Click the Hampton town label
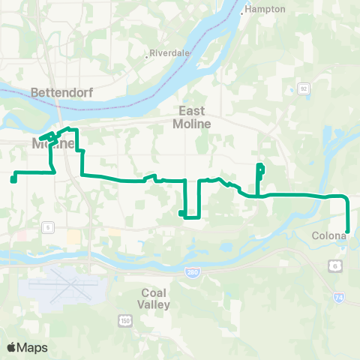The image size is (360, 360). tap(267, 9)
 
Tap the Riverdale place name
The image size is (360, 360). tap(169, 54)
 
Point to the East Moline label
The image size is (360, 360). tap(192, 117)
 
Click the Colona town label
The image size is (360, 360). tap(328, 235)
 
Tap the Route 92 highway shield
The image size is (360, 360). tap(304, 88)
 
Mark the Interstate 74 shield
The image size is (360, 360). tap(339, 298)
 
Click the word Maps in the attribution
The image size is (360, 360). tap(32, 347)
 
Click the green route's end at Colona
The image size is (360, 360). tap(348, 230)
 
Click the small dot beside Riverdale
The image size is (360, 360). tap(147, 55)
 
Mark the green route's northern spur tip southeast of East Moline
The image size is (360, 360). tap(259, 166)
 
